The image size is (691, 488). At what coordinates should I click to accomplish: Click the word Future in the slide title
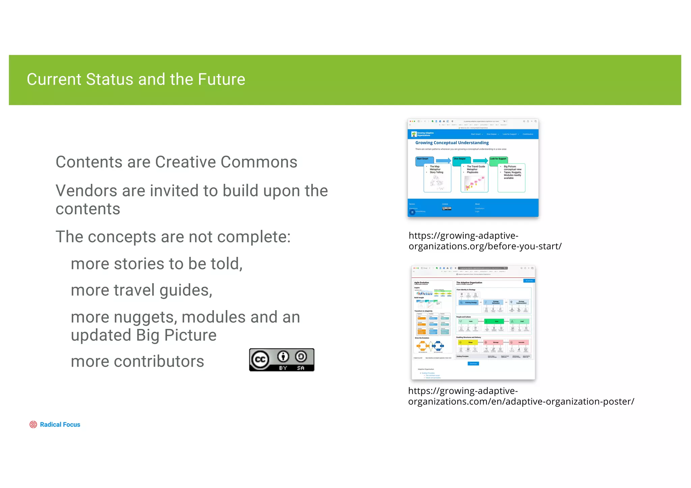(221, 80)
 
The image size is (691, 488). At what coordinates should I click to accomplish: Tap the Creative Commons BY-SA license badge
(281, 360)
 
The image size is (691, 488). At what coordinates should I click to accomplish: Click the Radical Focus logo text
(60, 425)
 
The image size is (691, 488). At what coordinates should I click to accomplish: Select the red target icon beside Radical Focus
(33, 425)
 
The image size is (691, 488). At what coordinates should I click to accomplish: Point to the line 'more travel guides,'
(141, 290)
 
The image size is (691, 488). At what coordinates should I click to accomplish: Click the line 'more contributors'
(137, 362)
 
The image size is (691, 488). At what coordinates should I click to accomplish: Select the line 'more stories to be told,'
(157, 264)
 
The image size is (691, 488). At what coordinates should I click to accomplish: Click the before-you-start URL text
(485, 241)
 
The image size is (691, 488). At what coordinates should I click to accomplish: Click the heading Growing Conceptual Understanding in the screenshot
(452, 143)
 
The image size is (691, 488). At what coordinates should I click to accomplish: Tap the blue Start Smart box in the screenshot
(424, 161)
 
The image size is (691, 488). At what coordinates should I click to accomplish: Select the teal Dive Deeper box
(461, 161)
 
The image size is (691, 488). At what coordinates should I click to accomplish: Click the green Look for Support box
(498, 161)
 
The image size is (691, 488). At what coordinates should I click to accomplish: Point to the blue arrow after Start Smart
(443, 161)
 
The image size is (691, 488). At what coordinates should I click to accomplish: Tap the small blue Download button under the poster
(473, 364)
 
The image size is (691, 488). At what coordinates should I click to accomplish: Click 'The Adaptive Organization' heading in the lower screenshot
(469, 283)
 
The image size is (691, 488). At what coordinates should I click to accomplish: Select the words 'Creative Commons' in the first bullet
(226, 162)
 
